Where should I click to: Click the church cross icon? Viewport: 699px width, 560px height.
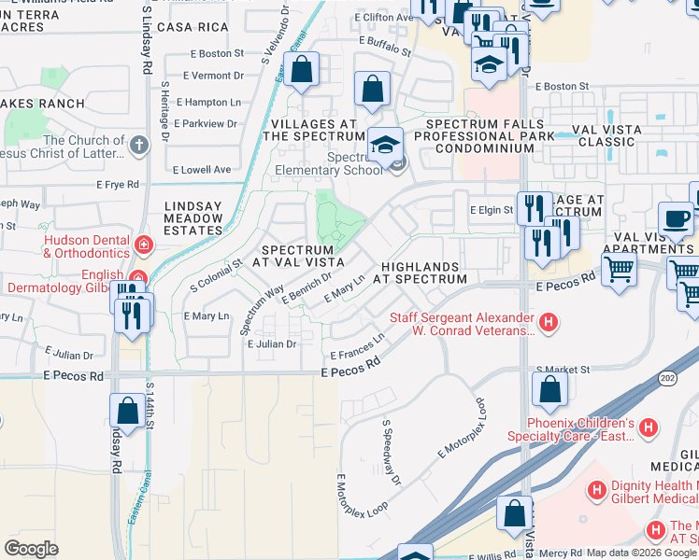click(138, 145)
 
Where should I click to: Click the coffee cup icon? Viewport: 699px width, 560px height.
click(676, 218)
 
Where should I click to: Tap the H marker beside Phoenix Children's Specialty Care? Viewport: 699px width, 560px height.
click(648, 428)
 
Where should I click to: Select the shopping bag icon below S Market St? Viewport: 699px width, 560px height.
click(550, 391)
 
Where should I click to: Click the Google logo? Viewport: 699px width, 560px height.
click(31, 548)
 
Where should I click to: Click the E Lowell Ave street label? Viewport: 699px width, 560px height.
click(202, 170)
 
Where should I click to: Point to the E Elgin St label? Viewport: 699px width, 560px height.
click(492, 211)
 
